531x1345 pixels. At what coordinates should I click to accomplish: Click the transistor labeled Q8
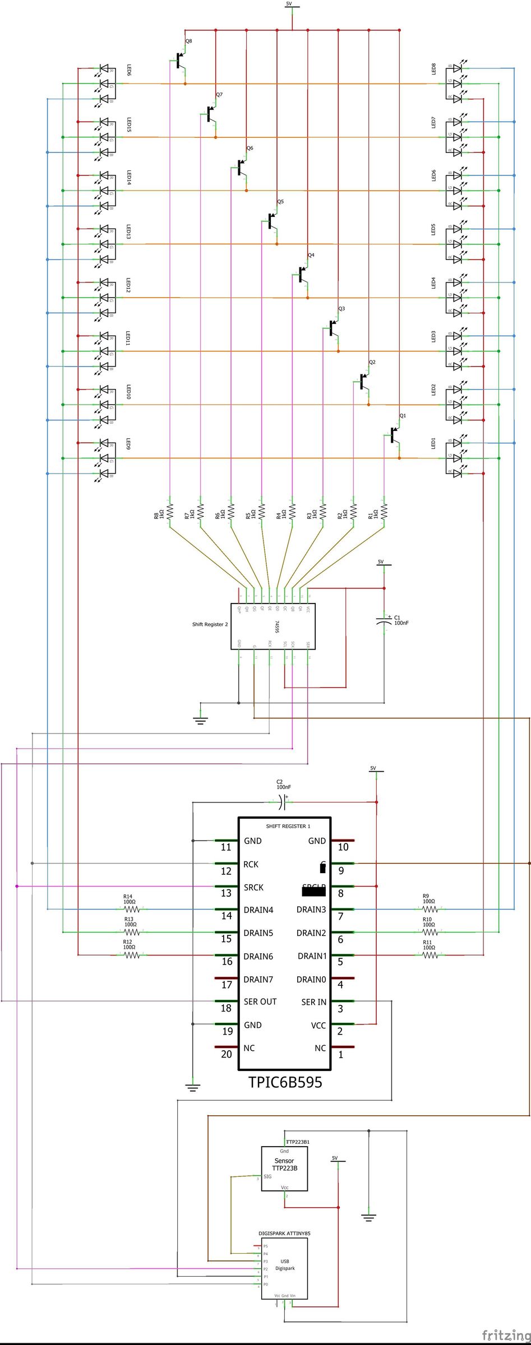(180, 61)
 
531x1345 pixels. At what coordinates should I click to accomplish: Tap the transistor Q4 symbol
(302, 275)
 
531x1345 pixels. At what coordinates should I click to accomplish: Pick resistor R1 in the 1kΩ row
(384, 511)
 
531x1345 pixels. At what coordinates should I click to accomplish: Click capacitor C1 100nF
(385, 621)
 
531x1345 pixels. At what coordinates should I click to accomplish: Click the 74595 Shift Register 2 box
(273, 626)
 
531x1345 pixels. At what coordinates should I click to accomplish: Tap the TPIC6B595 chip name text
(285, 1082)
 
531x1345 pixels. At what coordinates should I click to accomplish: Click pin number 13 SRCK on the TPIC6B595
(226, 893)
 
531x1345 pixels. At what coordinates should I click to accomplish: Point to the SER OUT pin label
(260, 1001)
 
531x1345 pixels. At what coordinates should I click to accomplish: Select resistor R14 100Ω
(131, 909)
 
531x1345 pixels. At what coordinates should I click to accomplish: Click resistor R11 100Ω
(430, 955)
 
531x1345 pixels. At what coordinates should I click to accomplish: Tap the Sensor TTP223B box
(284, 1168)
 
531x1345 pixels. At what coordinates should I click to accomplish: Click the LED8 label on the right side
(433, 68)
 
